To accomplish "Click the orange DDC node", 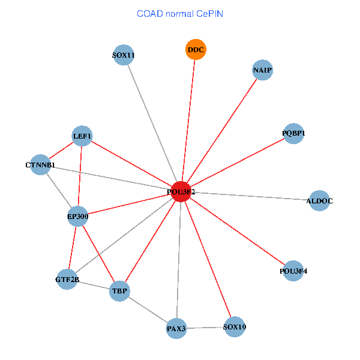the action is (x=196, y=50).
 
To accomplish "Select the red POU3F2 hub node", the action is (x=181, y=191).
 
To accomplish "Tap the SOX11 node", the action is (x=123, y=56).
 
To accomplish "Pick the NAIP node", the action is (x=263, y=70).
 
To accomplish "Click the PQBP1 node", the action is (x=293, y=133).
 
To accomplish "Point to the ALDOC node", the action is (x=319, y=200).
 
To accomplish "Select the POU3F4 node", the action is (x=293, y=271).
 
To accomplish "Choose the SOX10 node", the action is (x=234, y=327).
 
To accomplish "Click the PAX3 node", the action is (x=176, y=328).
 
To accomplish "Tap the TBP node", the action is (x=120, y=292).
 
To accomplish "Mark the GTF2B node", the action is (x=67, y=279).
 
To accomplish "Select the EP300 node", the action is (x=78, y=216).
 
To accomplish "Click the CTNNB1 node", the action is (x=40, y=164).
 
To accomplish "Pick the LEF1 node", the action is (x=82, y=136).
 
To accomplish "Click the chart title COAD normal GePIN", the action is (x=180, y=13).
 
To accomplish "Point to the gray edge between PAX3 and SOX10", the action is (x=205, y=328).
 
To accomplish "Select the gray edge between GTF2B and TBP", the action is (x=94, y=286).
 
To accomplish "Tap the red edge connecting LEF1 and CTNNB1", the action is (x=61, y=150).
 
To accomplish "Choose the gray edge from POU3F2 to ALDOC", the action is (x=252, y=196).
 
